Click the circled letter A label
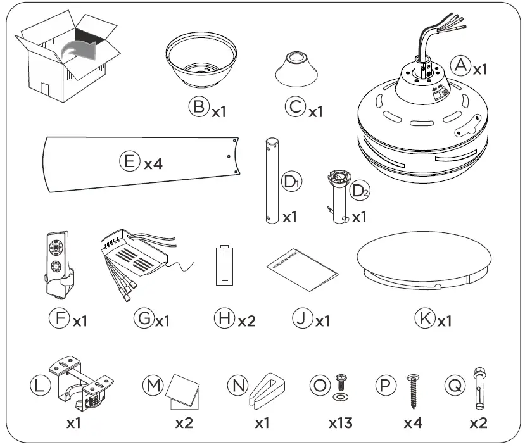(x=460, y=65)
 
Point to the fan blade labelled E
(x=139, y=163)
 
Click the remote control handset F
(x=59, y=263)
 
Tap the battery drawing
(x=224, y=267)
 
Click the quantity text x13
(x=339, y=423)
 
